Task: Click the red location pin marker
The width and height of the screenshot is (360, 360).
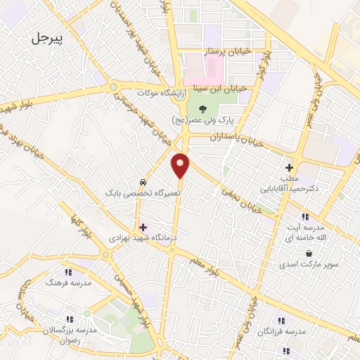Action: (181, 165)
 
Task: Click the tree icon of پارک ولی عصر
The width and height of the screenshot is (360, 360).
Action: (202, 108)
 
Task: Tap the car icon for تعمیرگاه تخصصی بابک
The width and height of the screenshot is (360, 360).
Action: (143, 179)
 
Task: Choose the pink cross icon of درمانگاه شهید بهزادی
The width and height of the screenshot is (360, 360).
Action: (143, 227)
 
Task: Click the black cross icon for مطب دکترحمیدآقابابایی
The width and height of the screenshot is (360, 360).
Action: (288, 167)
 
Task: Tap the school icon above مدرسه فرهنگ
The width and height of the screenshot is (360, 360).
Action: (68, 271)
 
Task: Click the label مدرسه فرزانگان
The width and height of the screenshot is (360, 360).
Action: (281, 330)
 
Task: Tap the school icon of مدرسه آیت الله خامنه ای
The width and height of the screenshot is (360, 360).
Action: (304, 217)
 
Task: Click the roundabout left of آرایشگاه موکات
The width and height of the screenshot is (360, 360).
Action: (112, 87)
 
